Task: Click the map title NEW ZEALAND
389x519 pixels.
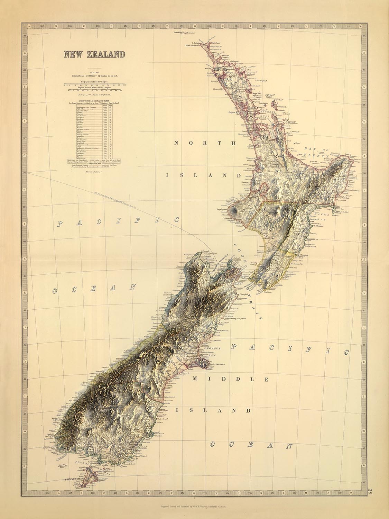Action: tap(93, 54)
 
